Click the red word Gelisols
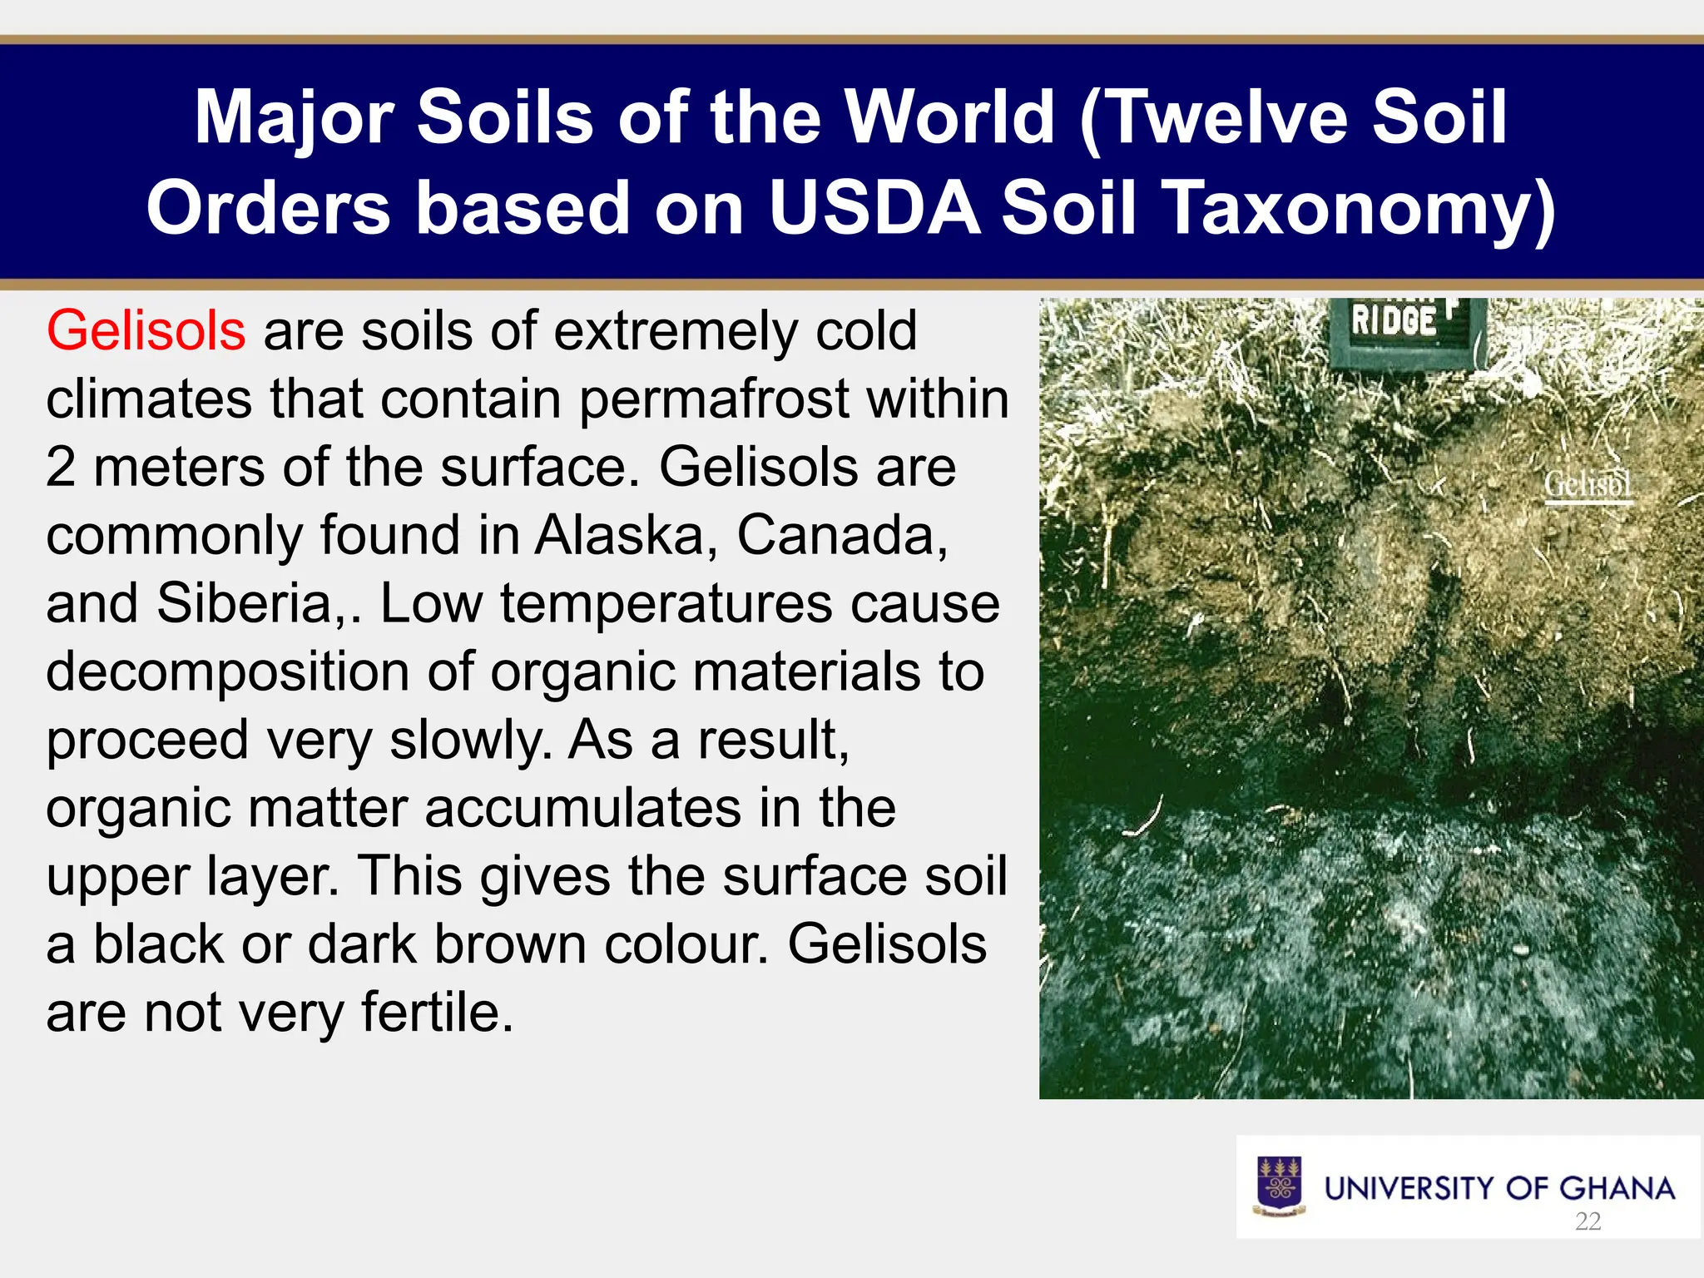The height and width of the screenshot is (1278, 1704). [x=146, y=331]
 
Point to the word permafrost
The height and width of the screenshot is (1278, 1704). [x=716, y=399]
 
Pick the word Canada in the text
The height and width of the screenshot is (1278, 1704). [x=841, y=535]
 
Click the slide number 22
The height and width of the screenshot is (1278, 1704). [x=1588, y=1221]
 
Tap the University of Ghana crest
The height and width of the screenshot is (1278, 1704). [x=1279, y=1186]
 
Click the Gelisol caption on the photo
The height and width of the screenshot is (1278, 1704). [x=1588, y=484]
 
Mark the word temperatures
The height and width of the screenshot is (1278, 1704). [x=666, y=603]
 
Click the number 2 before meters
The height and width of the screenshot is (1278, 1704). [x=61, y=468]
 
